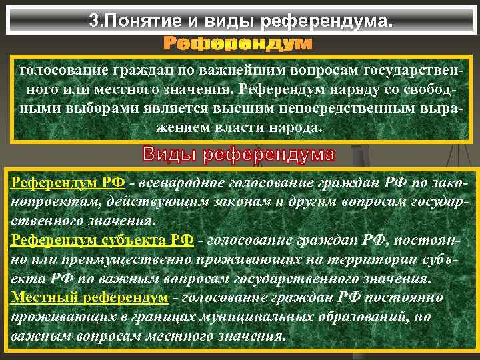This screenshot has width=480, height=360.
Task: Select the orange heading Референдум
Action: point(238,44)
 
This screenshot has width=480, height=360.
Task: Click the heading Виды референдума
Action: point(239,155)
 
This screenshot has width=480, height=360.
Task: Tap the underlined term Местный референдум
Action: point(89,297)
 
